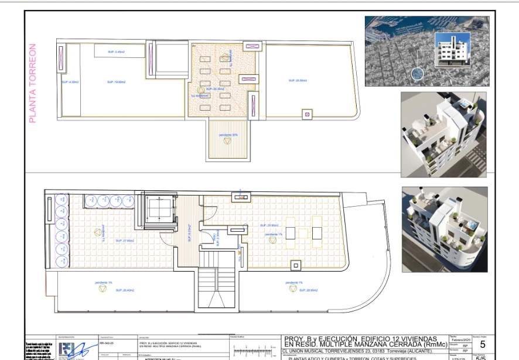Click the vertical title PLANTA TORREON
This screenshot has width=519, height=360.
[33, 84]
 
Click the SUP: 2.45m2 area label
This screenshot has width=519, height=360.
[116, 52]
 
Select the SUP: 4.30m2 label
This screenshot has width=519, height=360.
[70, 82]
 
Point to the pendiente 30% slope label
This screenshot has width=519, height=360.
[228, 135]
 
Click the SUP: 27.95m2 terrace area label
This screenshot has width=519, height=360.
[125, 241]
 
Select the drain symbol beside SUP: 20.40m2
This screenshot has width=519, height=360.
[103, 289]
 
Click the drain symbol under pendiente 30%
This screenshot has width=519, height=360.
[227, 141]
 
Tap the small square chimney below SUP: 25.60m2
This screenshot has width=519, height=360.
[306, 115]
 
